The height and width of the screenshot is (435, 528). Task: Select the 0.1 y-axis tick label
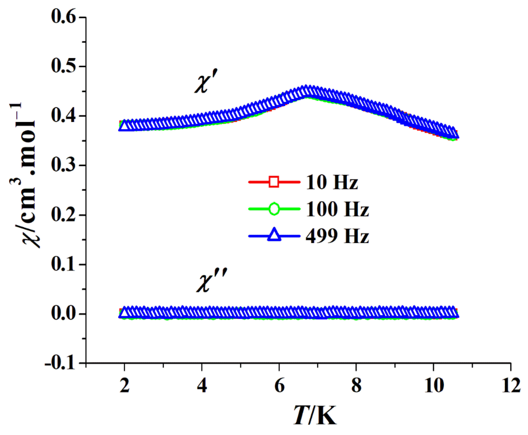63,264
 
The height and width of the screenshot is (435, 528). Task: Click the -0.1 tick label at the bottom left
60,363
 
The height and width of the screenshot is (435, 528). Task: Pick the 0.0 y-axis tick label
63,314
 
